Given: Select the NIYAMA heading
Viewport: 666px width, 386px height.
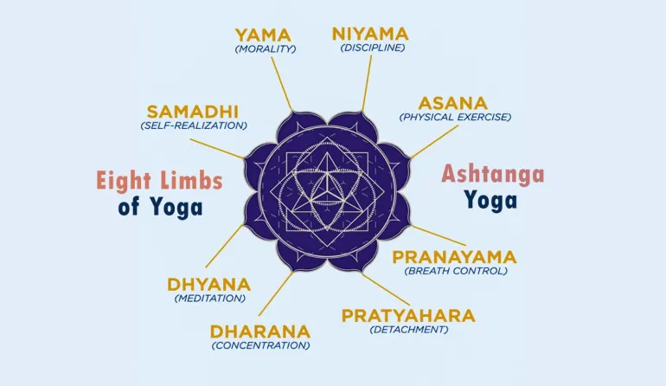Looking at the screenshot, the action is point(371,34).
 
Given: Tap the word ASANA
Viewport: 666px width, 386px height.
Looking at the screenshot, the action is point(453,103).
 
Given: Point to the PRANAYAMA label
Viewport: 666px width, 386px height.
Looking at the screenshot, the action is point(454,257).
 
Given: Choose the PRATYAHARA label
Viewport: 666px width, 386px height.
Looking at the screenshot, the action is point(408,315).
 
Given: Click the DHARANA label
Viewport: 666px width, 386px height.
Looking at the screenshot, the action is point(259,331).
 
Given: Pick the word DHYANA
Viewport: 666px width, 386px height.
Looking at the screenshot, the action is point(208,285).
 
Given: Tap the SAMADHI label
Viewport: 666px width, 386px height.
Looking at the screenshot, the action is point(192,112).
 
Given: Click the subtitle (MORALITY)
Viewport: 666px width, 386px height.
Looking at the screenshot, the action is point(265,49).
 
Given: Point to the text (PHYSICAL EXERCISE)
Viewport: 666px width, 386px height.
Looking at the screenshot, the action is point(455,117).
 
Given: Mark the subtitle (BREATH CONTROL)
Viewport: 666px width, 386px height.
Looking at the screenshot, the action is point(455,271).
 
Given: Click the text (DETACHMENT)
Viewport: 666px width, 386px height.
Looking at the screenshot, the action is point(408,329).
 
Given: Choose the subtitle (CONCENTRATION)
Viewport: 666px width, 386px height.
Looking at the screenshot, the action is point(260,345).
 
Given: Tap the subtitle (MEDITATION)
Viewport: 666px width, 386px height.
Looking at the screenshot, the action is point(209,299).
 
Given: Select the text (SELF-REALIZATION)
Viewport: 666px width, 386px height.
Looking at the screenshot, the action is point(193,125).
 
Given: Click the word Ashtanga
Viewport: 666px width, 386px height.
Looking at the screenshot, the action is point(493,174).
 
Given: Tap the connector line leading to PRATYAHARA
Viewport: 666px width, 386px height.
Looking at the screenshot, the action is point(379,289).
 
